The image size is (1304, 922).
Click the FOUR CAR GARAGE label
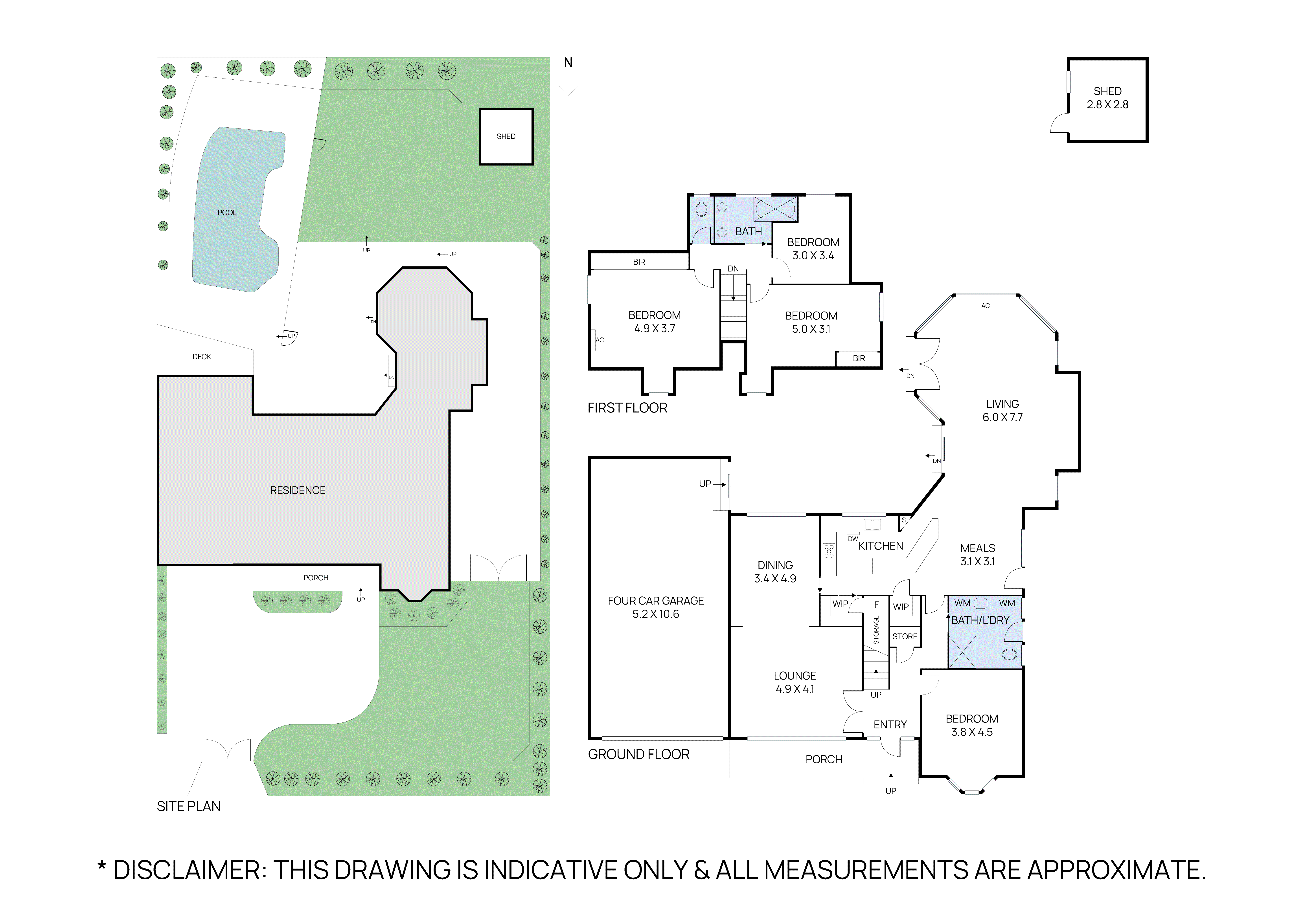pyautogui.click(x=655, y=601)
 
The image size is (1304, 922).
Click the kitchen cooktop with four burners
pyautogui.click(x=829, y=551)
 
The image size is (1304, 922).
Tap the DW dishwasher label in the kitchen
pyautogui.click(x=852, y=539)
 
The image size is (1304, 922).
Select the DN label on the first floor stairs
pyautogui.click(x=733, y=269)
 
